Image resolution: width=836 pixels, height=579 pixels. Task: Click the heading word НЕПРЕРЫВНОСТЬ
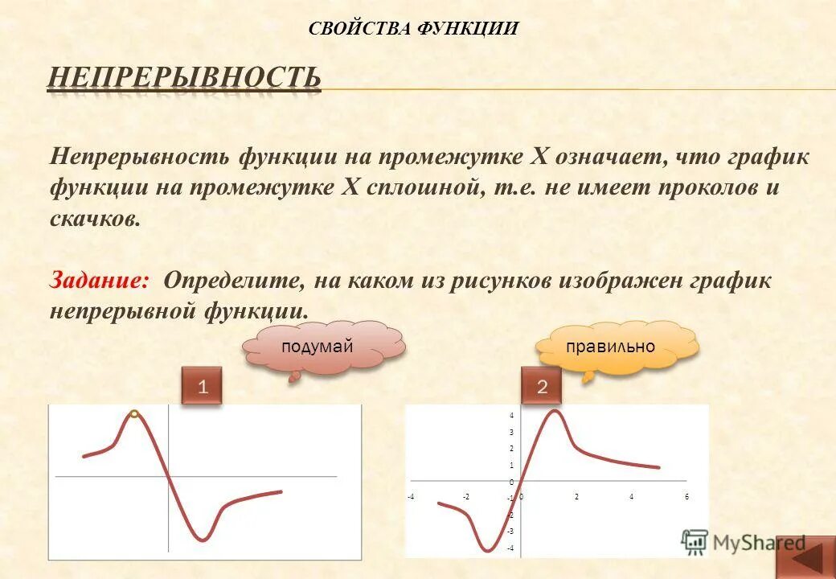click(x=184, y=78)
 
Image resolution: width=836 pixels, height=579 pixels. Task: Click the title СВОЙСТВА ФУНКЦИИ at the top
click(x=413, y=29)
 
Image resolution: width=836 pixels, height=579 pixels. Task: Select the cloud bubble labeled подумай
click(x=318, y=347)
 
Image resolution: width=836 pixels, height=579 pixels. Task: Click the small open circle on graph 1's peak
click(x=135, y=413)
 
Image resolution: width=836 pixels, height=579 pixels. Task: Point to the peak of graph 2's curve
click(x=554, y=412)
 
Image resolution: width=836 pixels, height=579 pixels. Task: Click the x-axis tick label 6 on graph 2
click(x=686, y=497)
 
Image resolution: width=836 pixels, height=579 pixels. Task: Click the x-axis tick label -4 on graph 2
click(x=410, y=497)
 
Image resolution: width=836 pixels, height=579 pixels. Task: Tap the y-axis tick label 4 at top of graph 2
click(x=511, y=415)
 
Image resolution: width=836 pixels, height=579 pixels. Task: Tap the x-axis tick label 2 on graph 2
click(x=576, y=497)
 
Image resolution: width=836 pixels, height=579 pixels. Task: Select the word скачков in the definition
click(x=95, y=220)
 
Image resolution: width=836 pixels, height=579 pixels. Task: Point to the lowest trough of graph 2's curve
click(x=488, y=550)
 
